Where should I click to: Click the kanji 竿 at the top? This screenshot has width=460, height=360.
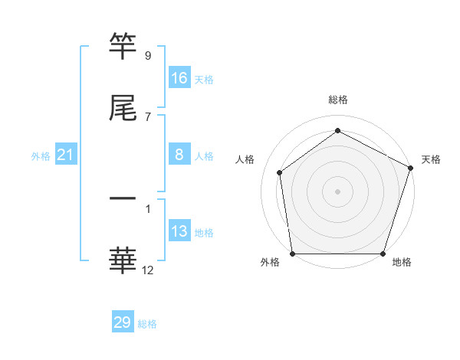click(x=123, y=46)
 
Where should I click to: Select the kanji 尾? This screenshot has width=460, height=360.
click(x=123, y=109)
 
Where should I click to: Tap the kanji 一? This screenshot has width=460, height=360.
click(x=123, y=198)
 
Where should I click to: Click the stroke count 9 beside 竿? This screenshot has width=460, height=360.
click(x=147, y=55)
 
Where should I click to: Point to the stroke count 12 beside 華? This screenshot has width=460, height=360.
click(x=148, y=270)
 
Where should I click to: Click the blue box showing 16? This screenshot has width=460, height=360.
click(x=179, y=78)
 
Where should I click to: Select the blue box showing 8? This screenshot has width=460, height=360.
click(x=179, y=155)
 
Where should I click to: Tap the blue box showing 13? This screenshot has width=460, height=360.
click(x=179, y=231)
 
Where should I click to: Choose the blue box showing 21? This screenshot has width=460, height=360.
click(x=66, y=155)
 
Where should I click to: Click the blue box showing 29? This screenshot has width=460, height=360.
click(x=123, y=322)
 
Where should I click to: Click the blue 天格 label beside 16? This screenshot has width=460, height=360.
click(x=204, y=80)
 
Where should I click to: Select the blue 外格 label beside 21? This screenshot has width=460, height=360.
click(x=41, y=156)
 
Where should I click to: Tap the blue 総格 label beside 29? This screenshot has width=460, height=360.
click(x=147, y=324)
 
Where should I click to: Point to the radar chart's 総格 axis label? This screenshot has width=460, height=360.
click(x=337, y=100)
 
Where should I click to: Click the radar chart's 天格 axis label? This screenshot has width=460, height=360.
click(x=432, y=159)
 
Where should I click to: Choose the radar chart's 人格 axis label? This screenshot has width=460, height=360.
click(x=245, y=159)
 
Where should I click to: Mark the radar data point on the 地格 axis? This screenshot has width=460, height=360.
click(x=383, y=254)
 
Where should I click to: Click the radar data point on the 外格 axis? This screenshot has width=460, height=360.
click(x=292, y=254)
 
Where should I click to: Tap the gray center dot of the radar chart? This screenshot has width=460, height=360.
click(x=337, y=191)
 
